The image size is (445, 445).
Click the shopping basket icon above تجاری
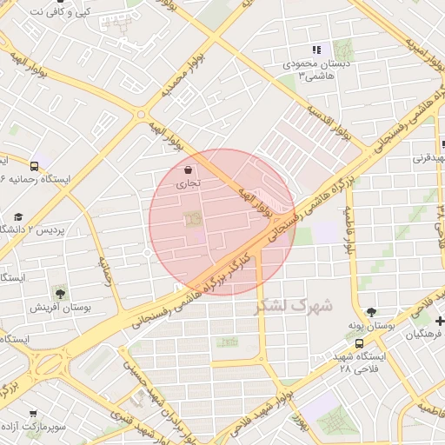click(189, 169)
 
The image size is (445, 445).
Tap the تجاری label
click(189, 183)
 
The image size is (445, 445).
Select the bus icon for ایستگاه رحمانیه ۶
click(34, 165)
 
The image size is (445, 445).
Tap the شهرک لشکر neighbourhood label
click(294, 306)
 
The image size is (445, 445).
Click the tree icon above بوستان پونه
click(372, 312)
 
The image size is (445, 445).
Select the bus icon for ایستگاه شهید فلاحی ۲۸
click(359, 343)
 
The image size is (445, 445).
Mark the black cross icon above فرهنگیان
click(440, 321)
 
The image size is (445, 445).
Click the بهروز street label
click(301, 422)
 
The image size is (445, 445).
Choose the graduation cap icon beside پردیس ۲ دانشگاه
click(17, 216)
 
